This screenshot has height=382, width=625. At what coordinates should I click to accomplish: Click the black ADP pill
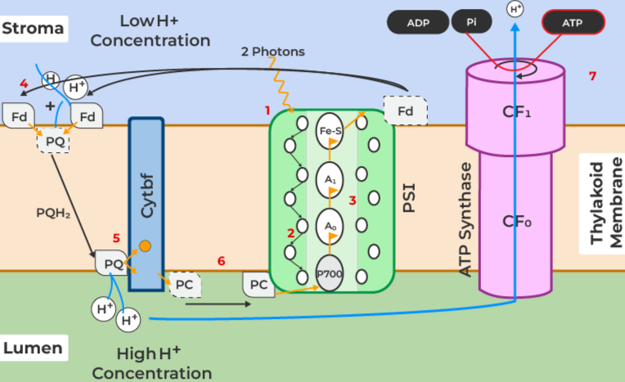(x=417, y=22)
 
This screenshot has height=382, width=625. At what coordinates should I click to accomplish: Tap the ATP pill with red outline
(x=573, y=22)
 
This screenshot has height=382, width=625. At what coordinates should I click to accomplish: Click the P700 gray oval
(x=329, y=275)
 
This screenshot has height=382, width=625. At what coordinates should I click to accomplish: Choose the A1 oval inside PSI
(x=329, y=178)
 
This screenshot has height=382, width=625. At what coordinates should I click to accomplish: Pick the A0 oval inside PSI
(x=329, y=226)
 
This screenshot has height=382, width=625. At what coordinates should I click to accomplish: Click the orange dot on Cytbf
(x=144, y=245)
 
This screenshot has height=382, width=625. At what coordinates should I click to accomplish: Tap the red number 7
(x=592, y=76)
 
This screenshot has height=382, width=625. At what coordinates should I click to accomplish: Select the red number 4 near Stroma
(x=24, y=83)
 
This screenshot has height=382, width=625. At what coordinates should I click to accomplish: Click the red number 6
(x=221, y=261)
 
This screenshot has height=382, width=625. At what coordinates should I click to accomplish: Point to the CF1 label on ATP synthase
(x=516, y=112)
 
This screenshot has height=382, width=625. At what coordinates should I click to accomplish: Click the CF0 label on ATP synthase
(x=516, y=221)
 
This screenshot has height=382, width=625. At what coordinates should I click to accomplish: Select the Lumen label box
(x=33, y=348)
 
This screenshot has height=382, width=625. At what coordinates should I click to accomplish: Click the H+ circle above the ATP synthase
(x=515, y=10)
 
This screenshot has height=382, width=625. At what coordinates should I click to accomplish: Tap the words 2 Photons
(x=272, y=52)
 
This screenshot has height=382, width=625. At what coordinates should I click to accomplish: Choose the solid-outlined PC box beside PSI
(x=259, y=285)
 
